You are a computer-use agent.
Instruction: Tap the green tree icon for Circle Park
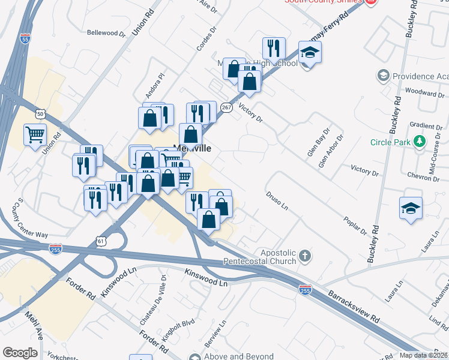click(420, 143)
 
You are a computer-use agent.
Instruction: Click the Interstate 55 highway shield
click(25, 38)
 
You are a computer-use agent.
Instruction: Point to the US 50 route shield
click(40, 113)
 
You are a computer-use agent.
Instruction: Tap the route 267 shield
click(226, 107)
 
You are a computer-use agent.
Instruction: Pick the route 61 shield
click(101, 241)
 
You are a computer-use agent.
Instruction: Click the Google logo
click(20, 353)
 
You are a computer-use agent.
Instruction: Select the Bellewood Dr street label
click(106, 33)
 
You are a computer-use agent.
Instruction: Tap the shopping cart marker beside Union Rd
click(35, 134)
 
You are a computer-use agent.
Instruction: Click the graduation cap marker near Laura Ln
click(411, 209)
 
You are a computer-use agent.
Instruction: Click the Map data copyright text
click(424, 355)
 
